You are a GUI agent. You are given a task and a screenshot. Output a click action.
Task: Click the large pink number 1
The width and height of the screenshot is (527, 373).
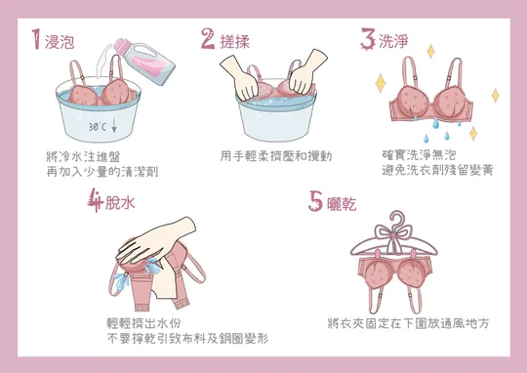click(36, 39)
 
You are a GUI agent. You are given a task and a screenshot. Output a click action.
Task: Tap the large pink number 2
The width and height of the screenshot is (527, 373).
click(208, 39)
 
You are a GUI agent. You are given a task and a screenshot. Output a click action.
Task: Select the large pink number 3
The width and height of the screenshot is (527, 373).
click(368, 39)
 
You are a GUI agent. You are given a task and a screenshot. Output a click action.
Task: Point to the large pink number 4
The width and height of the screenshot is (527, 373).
click(95, 200)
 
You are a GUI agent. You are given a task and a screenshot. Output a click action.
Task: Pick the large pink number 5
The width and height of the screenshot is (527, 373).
click(315, 201)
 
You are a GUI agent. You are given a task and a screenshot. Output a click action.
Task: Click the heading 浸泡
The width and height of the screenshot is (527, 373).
click(60, 42)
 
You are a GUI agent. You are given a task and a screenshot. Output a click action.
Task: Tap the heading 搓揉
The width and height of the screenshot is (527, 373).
click(235, 42)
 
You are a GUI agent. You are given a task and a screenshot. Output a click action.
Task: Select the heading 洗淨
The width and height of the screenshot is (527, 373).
click(393, 41)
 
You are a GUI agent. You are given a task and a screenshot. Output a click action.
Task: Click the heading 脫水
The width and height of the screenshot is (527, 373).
click(120, 202)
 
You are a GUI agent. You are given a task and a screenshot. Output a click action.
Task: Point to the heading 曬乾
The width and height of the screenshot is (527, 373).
click(342, 203)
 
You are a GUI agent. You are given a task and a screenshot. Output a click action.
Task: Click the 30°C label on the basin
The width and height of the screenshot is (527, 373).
click(98, 127)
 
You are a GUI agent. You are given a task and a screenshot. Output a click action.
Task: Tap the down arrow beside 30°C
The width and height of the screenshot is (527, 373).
click(114, 126)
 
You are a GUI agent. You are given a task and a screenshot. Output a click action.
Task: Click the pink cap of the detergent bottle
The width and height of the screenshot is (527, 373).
click(122, 46)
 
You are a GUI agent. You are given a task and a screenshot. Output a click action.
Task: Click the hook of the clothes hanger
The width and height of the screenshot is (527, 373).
click(397, 218)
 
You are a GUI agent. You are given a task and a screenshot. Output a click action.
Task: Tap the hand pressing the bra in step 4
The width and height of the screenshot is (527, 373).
click(155, 239)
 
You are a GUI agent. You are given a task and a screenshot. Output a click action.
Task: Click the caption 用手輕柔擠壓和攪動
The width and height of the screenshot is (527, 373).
click(276, 156)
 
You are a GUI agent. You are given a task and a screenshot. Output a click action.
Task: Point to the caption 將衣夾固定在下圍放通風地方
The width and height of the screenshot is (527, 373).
click(408, 323)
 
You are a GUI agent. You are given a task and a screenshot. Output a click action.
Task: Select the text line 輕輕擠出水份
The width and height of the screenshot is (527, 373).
click(143, 323)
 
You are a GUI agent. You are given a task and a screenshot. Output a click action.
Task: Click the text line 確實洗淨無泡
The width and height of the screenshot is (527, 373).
click(419, 155)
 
